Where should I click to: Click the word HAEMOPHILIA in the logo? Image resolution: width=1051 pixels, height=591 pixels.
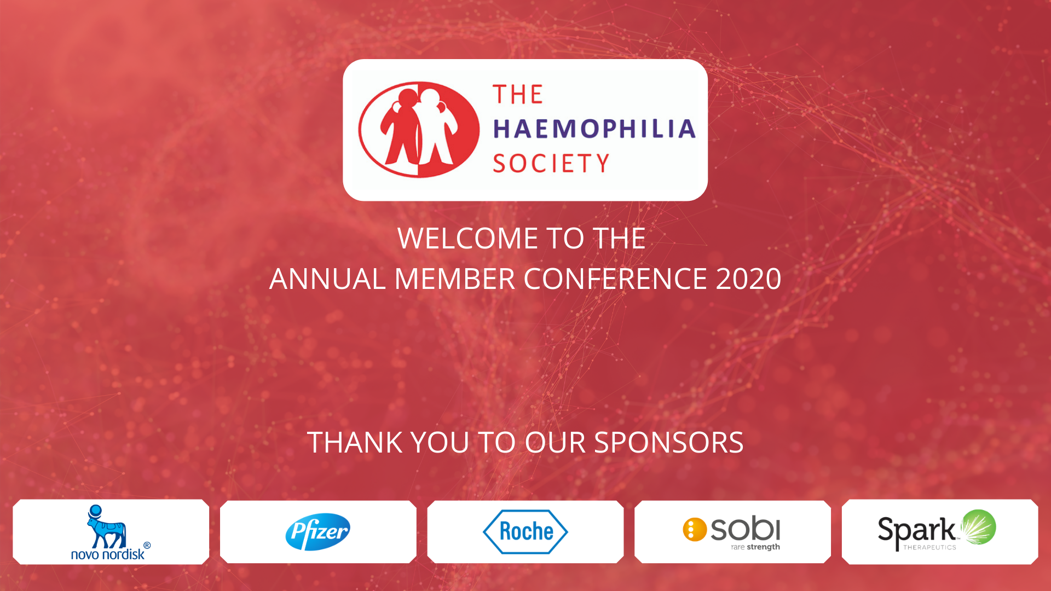594,129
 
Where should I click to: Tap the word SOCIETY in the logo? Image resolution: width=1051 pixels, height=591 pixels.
551,164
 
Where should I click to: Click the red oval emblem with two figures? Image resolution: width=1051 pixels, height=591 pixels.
419,130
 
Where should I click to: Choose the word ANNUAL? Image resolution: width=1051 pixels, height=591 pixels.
327,279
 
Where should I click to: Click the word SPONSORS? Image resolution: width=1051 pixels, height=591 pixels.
668,443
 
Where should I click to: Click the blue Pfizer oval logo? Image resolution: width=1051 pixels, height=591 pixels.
317,531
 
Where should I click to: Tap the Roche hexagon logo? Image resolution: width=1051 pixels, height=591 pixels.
525,531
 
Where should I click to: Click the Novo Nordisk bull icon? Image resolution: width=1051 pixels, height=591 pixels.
106,526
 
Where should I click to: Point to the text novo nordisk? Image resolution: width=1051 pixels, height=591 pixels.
108,554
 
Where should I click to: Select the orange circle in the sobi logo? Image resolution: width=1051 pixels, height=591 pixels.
694,530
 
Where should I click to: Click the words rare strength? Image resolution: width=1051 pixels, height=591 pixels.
755,547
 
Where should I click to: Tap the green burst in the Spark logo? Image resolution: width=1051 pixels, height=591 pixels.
979,527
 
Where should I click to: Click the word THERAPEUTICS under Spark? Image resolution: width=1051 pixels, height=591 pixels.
929,547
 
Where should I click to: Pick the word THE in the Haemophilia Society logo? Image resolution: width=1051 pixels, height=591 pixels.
517,95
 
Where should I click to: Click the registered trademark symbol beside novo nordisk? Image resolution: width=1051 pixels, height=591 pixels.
147,546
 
